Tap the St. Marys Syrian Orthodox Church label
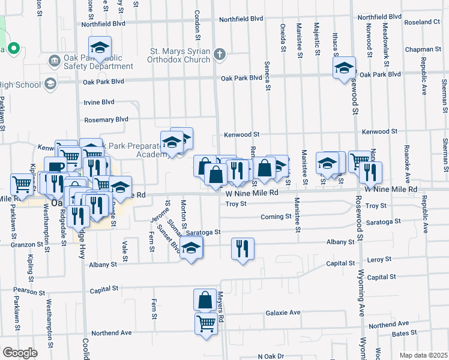(x=180, y=55)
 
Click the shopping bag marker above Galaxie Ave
(x=205, y=299)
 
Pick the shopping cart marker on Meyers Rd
(x=206, y=324)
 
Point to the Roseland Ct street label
(x=423, y=22)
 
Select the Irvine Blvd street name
(x=99, y=102)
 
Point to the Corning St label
(x=276, y=217)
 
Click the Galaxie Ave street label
(x=283, y=313)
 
